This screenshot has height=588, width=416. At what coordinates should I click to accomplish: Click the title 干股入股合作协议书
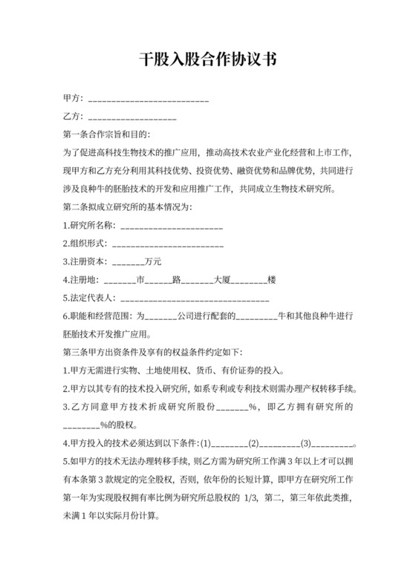207,60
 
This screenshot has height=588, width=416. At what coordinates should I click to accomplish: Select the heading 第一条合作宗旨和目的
107,136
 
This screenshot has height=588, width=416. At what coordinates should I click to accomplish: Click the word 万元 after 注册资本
154,262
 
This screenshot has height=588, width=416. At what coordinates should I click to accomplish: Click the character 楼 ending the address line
272,281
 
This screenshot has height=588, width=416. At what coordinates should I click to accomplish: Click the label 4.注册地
81,281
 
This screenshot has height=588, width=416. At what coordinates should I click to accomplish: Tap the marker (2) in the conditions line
254,444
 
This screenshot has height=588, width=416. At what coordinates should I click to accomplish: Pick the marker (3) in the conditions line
305,444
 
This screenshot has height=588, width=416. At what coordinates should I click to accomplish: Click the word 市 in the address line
140,281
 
